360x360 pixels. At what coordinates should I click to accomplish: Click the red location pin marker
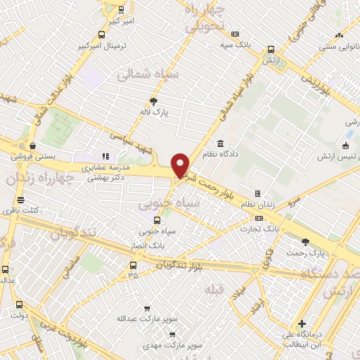[x=181, y=165]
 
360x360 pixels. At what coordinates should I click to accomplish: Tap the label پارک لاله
[x=162, y=111]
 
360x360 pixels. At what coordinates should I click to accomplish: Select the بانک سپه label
[x=235, y=44]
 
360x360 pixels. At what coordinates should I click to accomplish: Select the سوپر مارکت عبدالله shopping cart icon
[x=146, y=308]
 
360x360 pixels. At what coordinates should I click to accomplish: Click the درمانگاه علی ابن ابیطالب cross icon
[x=302, y=324]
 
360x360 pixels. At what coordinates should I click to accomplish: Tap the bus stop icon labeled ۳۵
[x=133, y=265]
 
